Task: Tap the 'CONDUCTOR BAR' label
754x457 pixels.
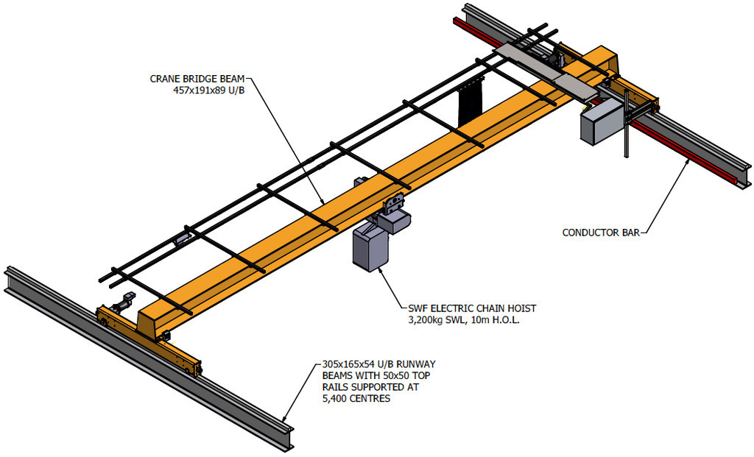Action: [599, 233]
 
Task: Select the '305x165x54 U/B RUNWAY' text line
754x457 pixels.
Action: [379, 364]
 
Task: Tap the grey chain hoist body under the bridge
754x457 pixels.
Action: [370, 248]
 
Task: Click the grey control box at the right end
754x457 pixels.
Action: [600, 124]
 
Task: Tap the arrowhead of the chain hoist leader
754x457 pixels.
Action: [379, 271]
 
